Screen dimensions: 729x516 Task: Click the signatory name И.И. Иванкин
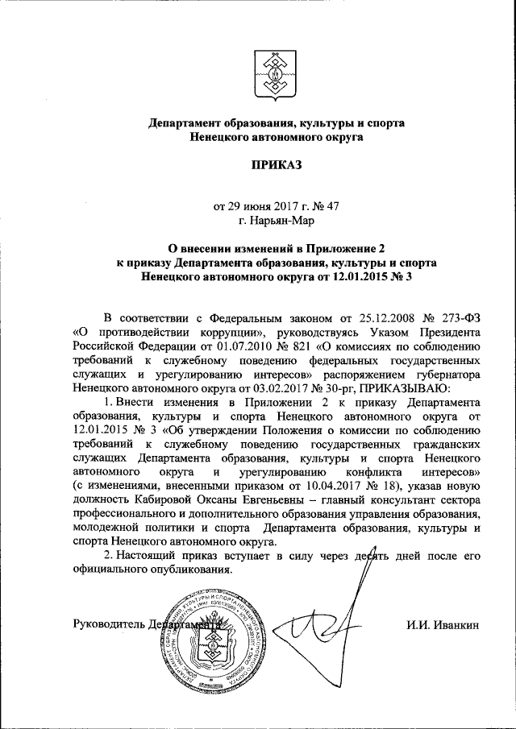[443, 622]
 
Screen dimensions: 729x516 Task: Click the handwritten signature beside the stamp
[339, 620]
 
